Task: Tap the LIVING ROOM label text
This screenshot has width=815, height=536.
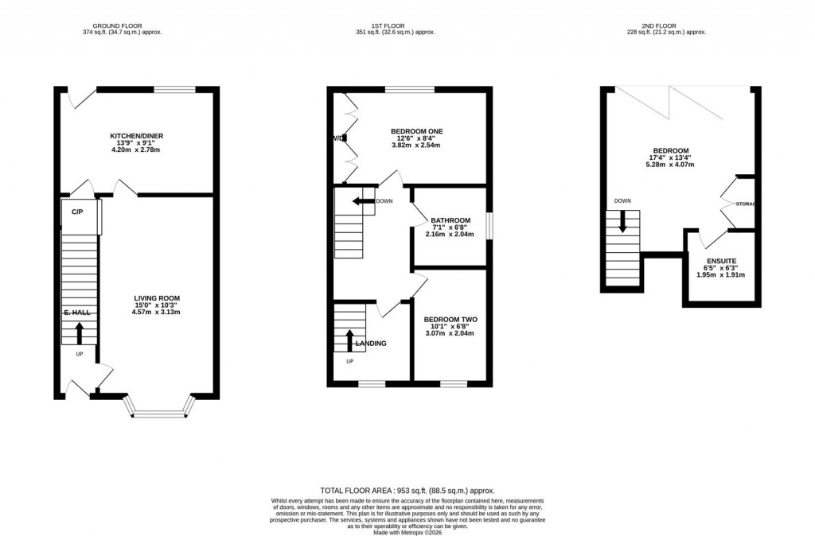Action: (x=158, y=296)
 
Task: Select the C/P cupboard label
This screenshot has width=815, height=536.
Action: (x=78, y=212)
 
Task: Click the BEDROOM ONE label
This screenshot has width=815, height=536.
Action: (x=416, y=131)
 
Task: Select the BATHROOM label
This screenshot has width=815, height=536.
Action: (x=450, y=220)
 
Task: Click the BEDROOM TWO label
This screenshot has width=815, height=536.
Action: (x=450, y=319)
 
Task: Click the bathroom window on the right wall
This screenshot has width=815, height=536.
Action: (x=489, y=225)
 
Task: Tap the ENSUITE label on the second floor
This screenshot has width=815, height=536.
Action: (x=721, y=261)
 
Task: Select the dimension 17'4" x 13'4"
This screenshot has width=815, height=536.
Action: (x=671, y=157)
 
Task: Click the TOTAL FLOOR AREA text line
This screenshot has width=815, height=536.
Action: (x=412, y=491)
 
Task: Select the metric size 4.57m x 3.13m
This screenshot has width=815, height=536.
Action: (x=158, y=312)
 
